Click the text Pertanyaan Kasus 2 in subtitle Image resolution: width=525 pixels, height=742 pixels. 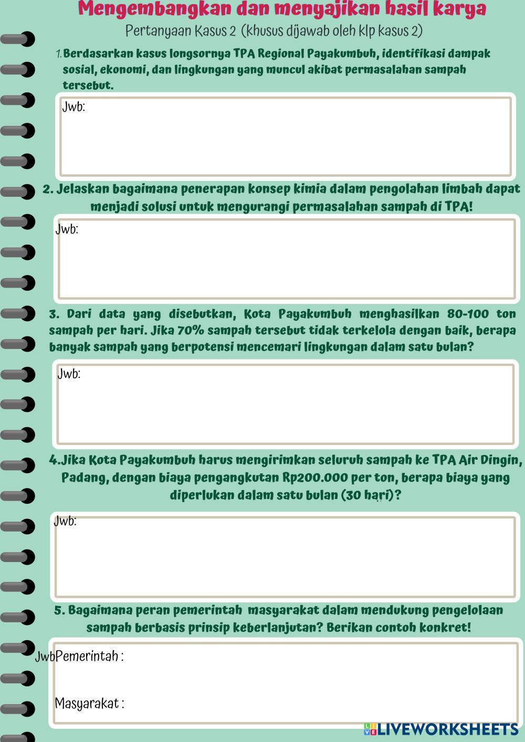coord(181,31)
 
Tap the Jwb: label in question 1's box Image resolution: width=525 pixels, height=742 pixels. coord(73,107)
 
